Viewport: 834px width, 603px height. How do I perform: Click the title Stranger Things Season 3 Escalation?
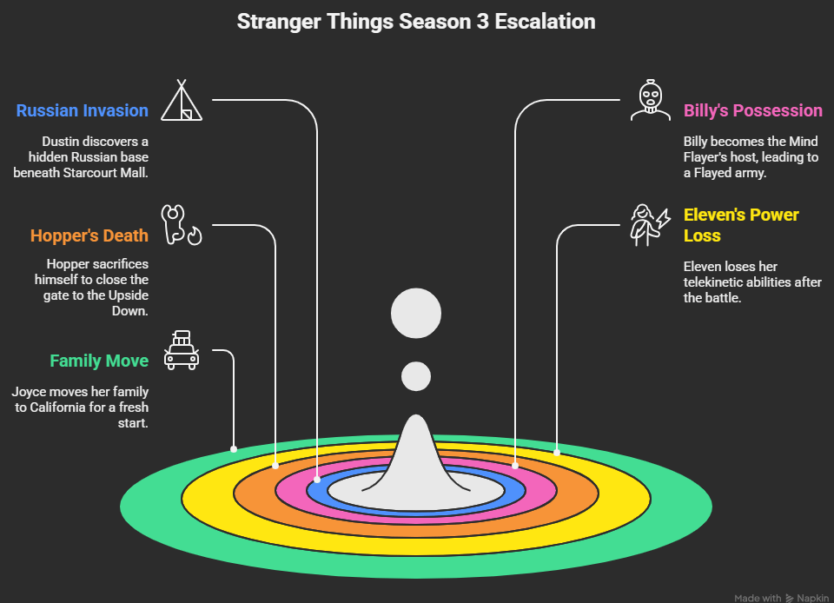click(x=416, y=22)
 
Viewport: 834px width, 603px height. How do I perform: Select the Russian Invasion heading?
click(x=83, y=110)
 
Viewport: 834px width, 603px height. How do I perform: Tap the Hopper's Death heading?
click(x=89, y=235)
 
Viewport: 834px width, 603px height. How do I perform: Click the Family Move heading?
click(x=99, y=361)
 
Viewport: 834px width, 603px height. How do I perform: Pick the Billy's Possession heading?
click(x=752, y=110)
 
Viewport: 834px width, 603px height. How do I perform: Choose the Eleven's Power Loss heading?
click(x=741, y=224)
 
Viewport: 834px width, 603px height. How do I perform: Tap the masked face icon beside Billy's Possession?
click(x=649, y=100)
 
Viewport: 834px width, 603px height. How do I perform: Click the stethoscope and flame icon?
click(x=182, y=225)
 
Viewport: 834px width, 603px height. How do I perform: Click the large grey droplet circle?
click(x=416, y=313)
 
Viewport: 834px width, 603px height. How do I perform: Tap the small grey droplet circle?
click(x=416, y=376)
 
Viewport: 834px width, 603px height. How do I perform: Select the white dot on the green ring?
click(x=234, y=449)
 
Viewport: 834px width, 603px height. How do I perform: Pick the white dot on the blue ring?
click(x=317, y=479)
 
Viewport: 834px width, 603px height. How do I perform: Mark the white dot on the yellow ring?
click(x=557, y=453)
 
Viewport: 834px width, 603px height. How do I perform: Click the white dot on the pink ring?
click(x=515, y=466)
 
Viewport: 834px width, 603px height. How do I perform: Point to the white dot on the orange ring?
click(x=276, y=465)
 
